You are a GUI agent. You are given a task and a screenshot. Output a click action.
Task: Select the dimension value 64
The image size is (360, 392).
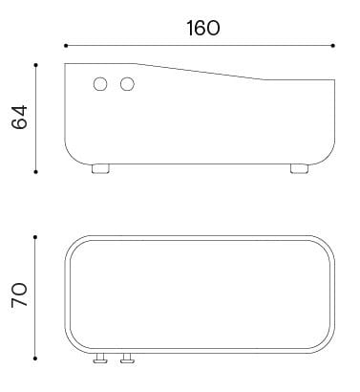pyautogui.click(x=20, y=117)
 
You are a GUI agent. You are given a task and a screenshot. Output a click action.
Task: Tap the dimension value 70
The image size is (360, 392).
pyautogui.click(x=20, y=293)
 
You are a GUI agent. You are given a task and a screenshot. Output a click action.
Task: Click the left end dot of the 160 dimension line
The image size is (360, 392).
pyautogui.click(x=65, y=45)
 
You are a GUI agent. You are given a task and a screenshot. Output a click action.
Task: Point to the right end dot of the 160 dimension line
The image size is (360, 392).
pyautogui.click(x=333, y=45)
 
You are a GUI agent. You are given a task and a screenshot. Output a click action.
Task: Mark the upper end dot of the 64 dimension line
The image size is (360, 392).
pyautogui.click(x=35, y=64)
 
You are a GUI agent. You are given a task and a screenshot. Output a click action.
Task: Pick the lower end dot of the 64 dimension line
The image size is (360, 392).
pyautogui.click(x=35, y=172)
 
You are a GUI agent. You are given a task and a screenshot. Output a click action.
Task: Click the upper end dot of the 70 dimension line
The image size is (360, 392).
pyautogui.click(x=35, y=234)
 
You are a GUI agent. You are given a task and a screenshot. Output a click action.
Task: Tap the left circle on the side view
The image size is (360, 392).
pyautogui.click(x=100, y=85)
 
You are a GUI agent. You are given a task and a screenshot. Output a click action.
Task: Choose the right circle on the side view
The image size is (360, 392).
pyautogui.click(x=127, y=85)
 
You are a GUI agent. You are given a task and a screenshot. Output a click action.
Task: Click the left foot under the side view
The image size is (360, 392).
pyautogui.click(x=99, y=169)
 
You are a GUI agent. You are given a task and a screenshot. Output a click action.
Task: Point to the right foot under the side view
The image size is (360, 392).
pyautogui.click(x=300, y=169)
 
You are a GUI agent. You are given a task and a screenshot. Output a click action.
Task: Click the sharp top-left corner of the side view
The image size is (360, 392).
pyautogui.click(x=65, y=64)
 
